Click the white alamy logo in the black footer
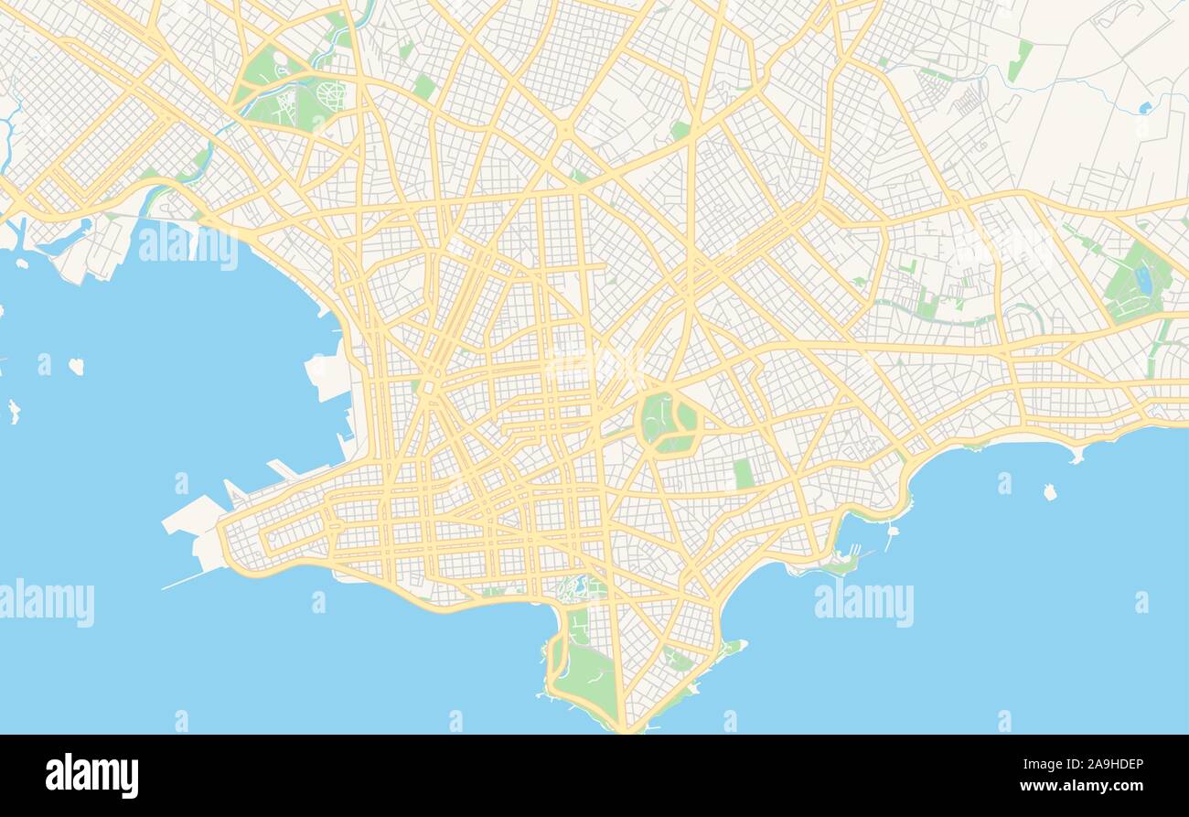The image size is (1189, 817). tap(91, 775)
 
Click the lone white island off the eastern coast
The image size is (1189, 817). tap(1049, 492)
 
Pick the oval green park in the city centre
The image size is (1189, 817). tap(669, 422)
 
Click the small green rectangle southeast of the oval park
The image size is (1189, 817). tap(743, 473)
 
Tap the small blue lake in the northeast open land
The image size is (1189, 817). tap(1145, 108)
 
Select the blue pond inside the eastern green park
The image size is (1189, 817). tap(1143, 281)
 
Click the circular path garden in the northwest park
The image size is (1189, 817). tap(330, 94)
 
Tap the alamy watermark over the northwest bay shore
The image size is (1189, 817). tap(188, 248)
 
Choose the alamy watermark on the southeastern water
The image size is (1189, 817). tap(863, 603)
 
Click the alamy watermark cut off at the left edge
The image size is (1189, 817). tap(47, 603)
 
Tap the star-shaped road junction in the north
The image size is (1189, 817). tap(564, 131)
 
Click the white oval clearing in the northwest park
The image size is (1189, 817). tap(280, 60)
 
